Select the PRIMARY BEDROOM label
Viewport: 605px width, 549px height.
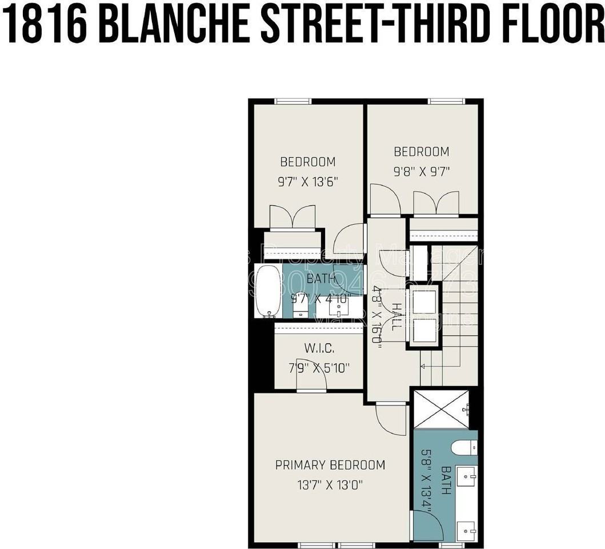tap(330, 465)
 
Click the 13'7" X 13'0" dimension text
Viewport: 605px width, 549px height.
tap(330, 485)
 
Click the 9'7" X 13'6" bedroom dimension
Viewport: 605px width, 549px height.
tap(308, 182)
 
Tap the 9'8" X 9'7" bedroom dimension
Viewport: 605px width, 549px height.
tap(422, 172)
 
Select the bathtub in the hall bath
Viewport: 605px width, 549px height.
tap(268, 291)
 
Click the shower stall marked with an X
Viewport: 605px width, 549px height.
tap(440, 409)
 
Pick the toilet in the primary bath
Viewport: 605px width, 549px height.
tap(464, 448)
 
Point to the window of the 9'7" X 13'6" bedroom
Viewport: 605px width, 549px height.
tap(293, 102)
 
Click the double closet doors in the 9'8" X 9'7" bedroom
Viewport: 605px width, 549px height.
tap(436, 204)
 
